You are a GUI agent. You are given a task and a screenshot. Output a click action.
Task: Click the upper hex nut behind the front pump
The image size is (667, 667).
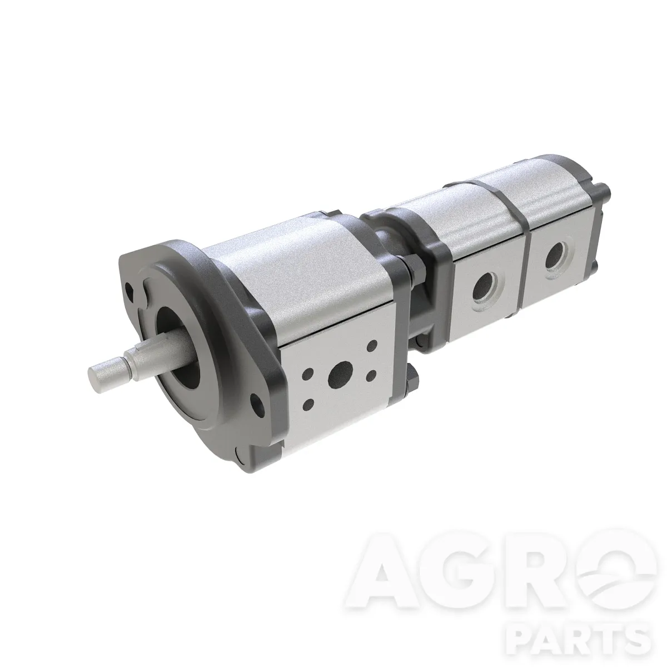point(414,267)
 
